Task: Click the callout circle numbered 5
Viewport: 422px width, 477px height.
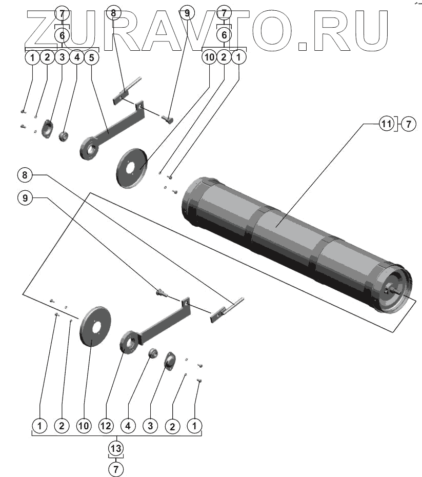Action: pyautogui.click(x=91, y=57)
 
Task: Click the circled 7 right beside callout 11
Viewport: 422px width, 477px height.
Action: pyautogui.click(x=409, y=124)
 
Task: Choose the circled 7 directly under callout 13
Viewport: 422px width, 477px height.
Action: pyautogui.click(x=116, y=468)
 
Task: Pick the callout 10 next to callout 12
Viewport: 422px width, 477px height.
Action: pyautogui.click(x=84, y=425)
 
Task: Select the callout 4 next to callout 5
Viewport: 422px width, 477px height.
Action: pyautogui.click(x=76, y=57)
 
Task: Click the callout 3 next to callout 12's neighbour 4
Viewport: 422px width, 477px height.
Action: pyautogui.click(x=150, y=425)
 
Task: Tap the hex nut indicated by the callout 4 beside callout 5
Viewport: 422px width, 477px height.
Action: pyautogui.click(x=64, y=137)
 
